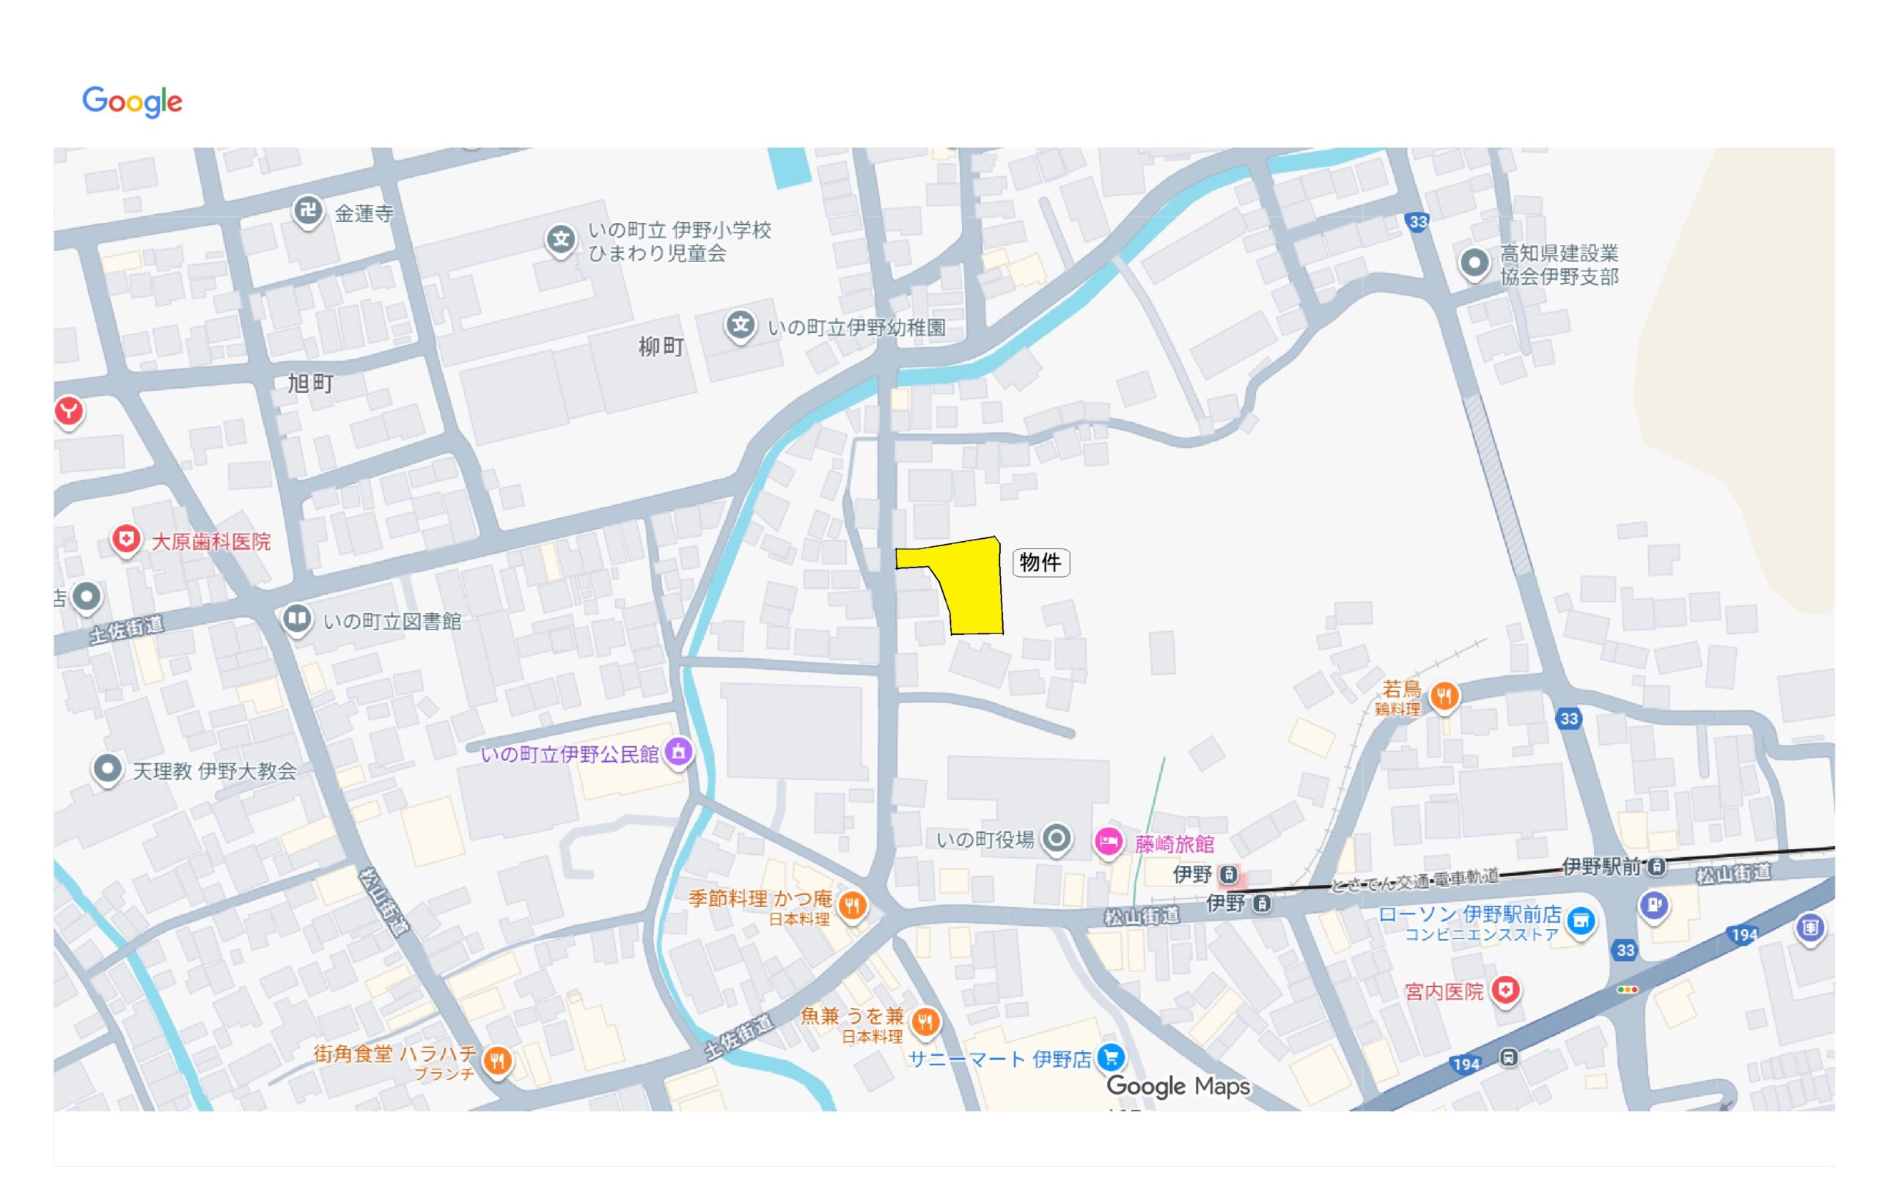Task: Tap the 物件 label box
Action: click(x=1040, y=562)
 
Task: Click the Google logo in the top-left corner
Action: click(x=133, y=101)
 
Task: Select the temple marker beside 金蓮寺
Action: click(x=308, y=210)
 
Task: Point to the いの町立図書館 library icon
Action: click(x=296, y=619)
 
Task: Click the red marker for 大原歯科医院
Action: click(x=125, y=539)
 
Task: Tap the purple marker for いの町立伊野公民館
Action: click(x=679, y=752)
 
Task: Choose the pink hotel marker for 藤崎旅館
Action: click(x=1108, y=841)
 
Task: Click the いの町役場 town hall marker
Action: click(x=1057, y=839)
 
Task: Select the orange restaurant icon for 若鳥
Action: click(x=1444, y=695)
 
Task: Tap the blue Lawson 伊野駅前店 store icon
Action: click(x=1580, y=921)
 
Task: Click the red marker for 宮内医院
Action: click(x=1505, y=990)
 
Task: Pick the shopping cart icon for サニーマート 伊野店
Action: click(x=1111, y=1057)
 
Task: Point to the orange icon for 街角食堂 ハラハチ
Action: click(x=497, y=1059)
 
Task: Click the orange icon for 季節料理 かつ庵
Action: click(x=852, y=904)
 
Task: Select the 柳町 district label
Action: click(x=661, y=347)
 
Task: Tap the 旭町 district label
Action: click(x=310, y=383)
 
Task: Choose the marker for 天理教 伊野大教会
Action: click(x=108, y=768)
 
